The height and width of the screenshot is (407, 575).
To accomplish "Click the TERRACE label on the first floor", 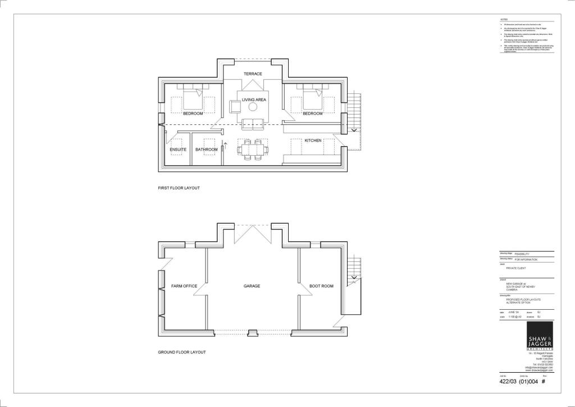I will click(x=253, y=74).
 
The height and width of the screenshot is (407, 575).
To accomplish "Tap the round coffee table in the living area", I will click(x=253, y=107).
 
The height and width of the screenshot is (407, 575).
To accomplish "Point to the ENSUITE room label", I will click(x=178, y=150).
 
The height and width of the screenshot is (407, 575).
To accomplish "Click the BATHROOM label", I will click(x=206, y=150).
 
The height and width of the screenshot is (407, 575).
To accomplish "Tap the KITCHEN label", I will click(x=313, y=141).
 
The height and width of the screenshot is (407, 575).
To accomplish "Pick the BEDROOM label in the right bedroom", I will click(x=313, y=114).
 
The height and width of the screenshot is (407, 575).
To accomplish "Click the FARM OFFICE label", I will click(x=184, y=286).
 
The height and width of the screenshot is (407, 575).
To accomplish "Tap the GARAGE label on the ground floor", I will click(x=252, y=286).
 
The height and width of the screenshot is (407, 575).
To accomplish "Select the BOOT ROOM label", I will click(x=321, y=286).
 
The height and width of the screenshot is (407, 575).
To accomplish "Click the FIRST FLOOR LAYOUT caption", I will click(x=179, y=188).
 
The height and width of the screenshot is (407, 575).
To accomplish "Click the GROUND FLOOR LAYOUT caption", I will click(x=181, y=352).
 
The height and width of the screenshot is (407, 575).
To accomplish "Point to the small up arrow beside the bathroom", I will click(x=224, y=145).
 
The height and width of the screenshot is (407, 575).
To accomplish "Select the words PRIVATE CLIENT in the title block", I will click(x=515, y=269).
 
